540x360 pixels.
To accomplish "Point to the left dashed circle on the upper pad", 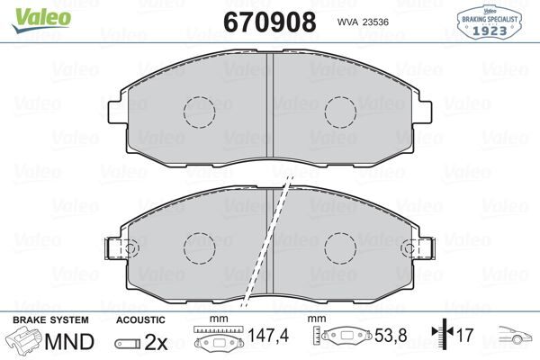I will tap(200, 111).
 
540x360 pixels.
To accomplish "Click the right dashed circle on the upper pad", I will tap(341, 111).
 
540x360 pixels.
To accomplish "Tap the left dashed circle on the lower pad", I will tap(200, 247).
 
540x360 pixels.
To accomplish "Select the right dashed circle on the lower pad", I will tap(341, 247).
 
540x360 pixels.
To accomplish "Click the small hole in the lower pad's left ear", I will tap(130, 247).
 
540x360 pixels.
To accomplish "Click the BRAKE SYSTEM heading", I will tap(49, 320).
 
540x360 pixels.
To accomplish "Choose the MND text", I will tap(67, 341).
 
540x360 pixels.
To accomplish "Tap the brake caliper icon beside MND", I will tap(24, 342).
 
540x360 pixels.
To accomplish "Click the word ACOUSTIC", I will tap(141, 320).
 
